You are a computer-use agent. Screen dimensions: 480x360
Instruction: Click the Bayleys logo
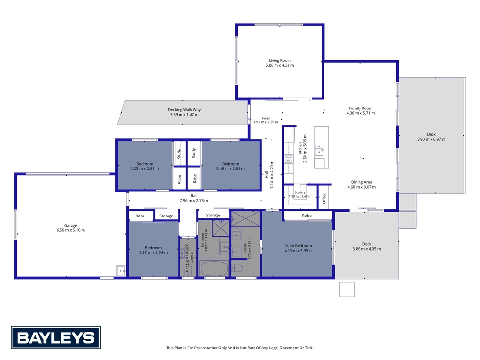56,337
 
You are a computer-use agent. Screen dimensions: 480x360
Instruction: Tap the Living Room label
280,60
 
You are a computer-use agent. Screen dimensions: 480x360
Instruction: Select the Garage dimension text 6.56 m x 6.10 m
71,230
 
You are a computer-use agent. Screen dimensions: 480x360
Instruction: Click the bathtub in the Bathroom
214,269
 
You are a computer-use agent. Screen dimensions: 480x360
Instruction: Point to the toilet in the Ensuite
237,268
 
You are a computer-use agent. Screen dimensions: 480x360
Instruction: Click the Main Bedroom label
299,245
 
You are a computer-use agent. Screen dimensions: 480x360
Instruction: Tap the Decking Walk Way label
184,109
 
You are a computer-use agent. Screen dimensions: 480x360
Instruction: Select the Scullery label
300,192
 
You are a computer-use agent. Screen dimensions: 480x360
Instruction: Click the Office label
324,198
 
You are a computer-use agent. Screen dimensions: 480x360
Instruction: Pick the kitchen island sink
320,150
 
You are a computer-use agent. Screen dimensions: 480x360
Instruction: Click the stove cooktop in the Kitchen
288,159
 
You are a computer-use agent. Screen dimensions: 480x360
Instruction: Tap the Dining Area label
361,182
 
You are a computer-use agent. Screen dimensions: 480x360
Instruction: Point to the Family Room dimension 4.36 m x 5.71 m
360,113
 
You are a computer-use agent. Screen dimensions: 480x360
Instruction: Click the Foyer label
266,118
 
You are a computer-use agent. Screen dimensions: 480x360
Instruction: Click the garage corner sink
121,271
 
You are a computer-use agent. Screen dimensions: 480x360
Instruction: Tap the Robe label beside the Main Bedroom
307,216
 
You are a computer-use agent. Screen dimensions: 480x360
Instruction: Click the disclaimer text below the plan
240,348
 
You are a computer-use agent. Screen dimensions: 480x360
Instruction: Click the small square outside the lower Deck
347,289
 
